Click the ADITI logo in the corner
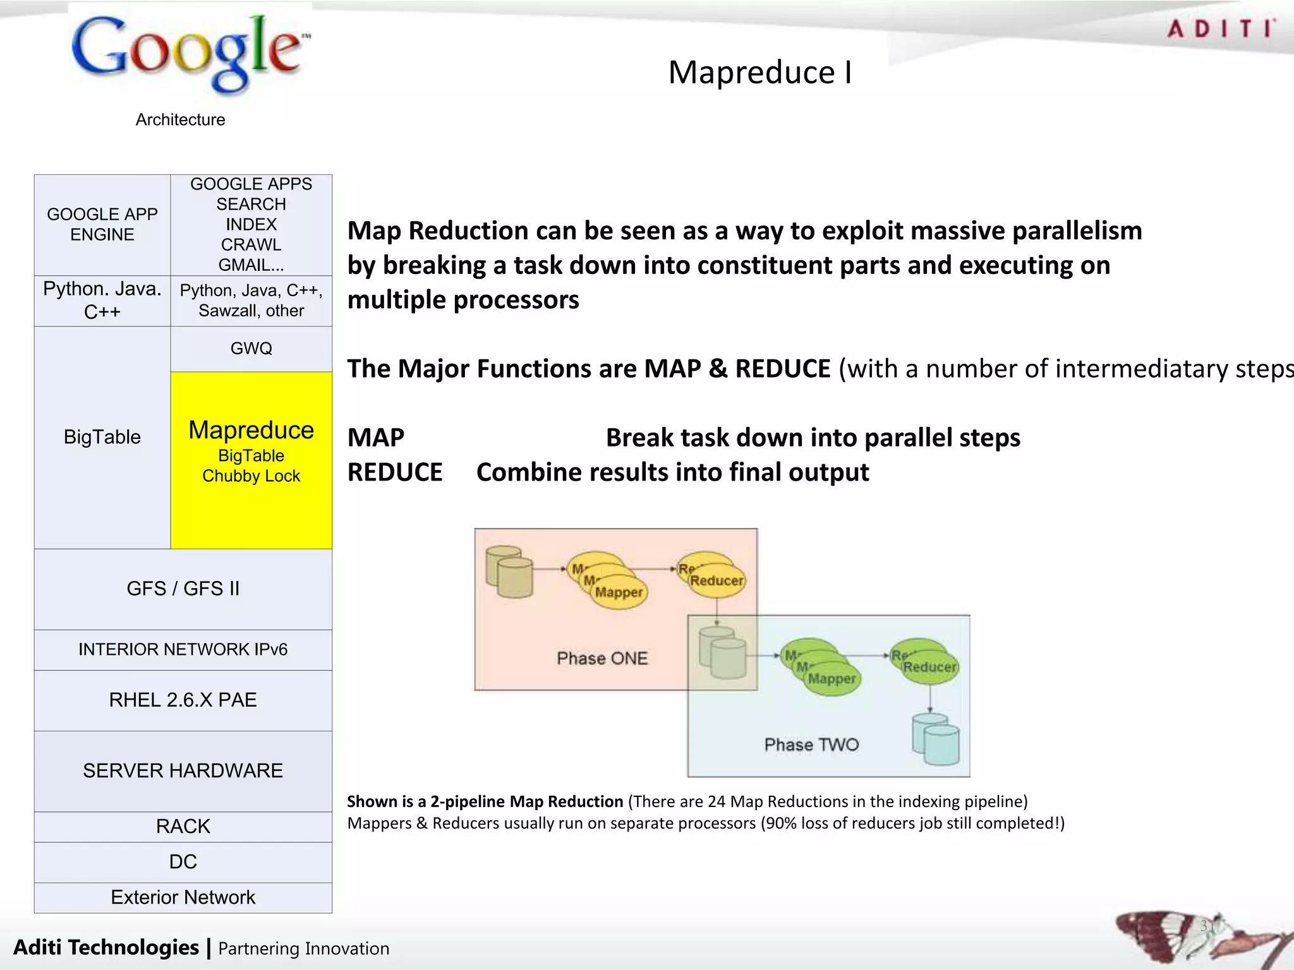coord(1220,29)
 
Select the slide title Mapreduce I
coord(760,72)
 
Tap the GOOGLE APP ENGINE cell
coord(102,224)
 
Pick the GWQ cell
coord(251,349)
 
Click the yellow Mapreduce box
coord(251,459)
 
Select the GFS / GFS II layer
coord(183,589)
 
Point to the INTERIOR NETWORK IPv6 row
coord(183,649)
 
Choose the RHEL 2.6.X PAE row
coord(183,700)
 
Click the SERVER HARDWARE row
coord(183,770)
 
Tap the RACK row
coord(183,826)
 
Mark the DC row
coord(183,861)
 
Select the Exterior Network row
coord(183,897)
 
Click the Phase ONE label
coord(602,658)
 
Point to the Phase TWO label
coord(811,745)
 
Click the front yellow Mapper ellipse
coord(619,592)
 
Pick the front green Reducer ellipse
coord(929,668)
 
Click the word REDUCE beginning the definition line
coord(395,472)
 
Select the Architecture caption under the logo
coord(180,119)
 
